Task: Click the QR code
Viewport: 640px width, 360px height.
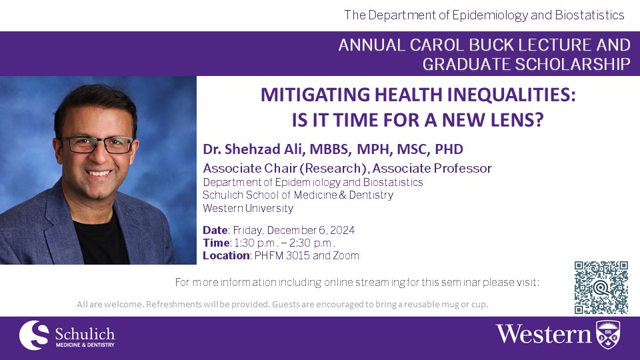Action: [x=601, y=288]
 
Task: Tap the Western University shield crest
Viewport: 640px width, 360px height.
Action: [x=608, y=334]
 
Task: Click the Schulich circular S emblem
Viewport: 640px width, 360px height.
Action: [x=34, y=335]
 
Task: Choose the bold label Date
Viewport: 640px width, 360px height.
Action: [x=215, y=230]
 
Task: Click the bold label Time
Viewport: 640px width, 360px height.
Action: [x=216, y=243]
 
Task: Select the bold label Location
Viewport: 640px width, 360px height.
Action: [x=226, y=255]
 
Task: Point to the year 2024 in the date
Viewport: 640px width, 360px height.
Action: [x=342, y=230]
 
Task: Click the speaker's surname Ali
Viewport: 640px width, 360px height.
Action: [x=293, y=149]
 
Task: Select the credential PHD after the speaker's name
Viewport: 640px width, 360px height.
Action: [x=449, y=149]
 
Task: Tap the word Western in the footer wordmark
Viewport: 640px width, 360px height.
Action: [x=544, y=334]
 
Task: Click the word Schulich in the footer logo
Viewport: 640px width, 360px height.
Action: [x=85, y=334]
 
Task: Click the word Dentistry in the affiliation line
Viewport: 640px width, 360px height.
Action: [x=371, y=195]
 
